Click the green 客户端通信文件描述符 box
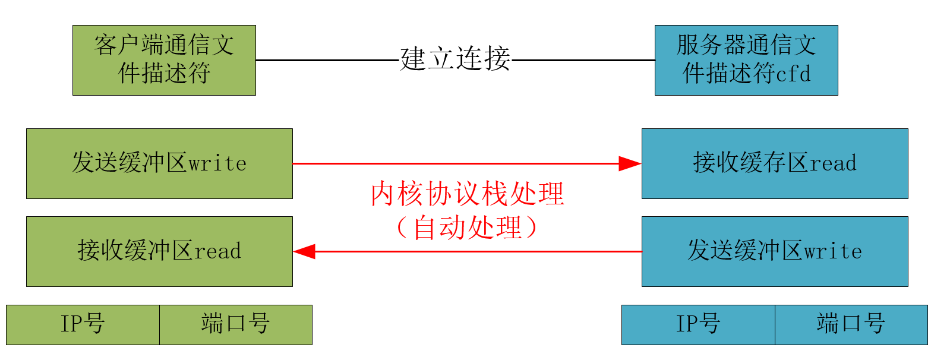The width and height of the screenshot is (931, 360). point(164,60)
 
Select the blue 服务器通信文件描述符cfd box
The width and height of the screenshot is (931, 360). point(746,60)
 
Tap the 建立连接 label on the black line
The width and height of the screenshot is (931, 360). point(455,59)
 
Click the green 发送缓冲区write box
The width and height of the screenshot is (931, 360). point(159,163)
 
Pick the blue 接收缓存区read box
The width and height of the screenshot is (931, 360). point(775,163)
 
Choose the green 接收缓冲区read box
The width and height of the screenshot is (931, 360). point(159,251)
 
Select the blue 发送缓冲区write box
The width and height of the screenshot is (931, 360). point(775,251)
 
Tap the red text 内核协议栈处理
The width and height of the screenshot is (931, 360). point(467,194)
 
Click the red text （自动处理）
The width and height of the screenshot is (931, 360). point(467,228)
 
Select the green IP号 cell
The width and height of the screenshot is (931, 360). point(83,324)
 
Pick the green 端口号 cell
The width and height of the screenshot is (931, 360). point(236,324)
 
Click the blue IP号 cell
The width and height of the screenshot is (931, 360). point(698,324)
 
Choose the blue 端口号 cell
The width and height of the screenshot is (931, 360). point(851,324)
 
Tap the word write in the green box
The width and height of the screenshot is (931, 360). point(217,163)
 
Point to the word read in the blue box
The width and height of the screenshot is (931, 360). point(833,163)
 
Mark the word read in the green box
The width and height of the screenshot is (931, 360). point(217,251)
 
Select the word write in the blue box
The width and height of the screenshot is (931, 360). point(833,251)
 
